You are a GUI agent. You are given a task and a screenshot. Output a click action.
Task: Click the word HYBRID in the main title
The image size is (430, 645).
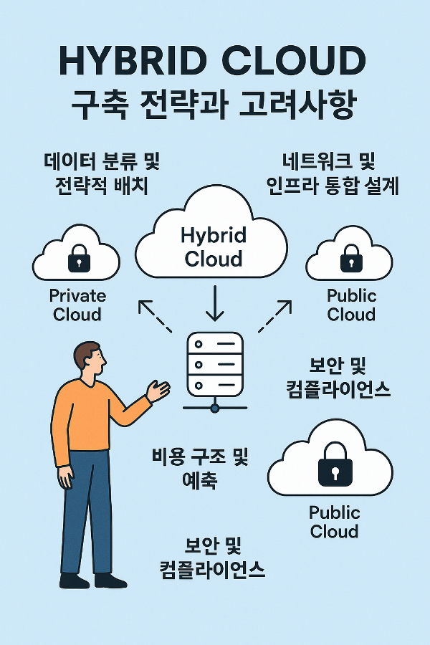click(x=136, y=62)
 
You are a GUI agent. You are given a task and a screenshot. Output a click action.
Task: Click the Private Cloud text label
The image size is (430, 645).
click(x=77, y=305)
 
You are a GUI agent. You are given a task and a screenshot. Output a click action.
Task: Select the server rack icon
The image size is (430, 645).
click(x=214, y=363)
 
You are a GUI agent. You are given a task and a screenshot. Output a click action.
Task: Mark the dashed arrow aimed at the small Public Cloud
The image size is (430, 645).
click(x=275, y=315)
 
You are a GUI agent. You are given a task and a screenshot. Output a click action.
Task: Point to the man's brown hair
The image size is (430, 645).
click(x=86, y=352)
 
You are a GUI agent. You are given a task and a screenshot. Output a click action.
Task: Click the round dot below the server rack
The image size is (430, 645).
click(x=214, y=408)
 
